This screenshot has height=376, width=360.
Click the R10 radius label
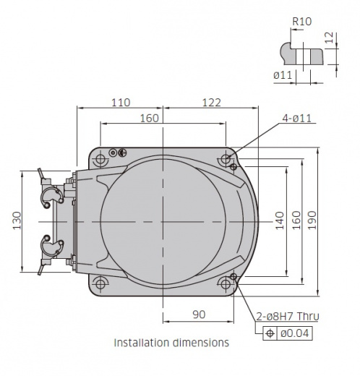tap(301, 22)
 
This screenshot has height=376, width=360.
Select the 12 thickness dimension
tap(329, 38)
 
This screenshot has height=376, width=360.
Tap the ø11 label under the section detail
tap(283, 75)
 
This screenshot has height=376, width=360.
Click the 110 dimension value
tap(121, 103)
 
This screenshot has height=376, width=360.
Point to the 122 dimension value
tap(211, 103)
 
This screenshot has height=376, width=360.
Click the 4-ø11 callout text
tap(297, 119)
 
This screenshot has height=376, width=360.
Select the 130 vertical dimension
tap(17, 221)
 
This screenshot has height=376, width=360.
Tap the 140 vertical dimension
tap(280, 221)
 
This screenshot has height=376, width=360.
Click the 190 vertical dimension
tap(312, 221)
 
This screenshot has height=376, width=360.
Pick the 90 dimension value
tap(199, 315)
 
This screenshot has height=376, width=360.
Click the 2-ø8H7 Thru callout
tap(288, 316)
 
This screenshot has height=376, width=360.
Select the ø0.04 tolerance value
tap(295, 333)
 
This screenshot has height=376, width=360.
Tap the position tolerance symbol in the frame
tap(270, 333)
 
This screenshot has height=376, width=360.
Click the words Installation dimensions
tap(171, 343)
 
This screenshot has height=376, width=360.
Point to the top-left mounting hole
tap(100, 159)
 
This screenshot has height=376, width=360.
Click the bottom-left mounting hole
tap(100, 283)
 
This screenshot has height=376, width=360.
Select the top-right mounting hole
tap(226, 159)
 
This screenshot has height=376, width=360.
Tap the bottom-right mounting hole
tap(226, 283)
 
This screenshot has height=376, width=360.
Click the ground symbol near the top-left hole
tap(122, 153)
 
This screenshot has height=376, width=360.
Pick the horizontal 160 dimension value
tap(150, 119)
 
